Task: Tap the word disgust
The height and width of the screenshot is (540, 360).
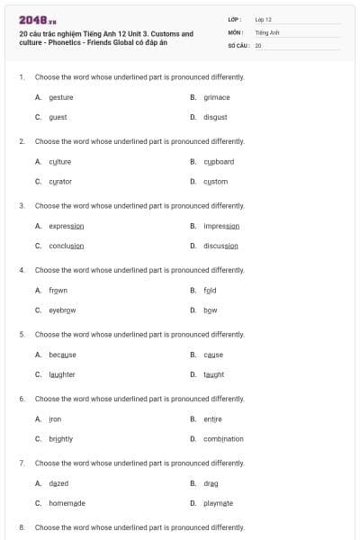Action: point(215,117)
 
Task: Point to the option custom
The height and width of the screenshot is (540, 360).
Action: point(216,181)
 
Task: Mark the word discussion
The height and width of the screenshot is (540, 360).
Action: point(220,246)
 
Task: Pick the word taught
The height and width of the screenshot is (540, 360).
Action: point(214,374)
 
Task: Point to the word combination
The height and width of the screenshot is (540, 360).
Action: point(223,438)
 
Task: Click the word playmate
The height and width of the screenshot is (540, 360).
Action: point(219,503)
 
